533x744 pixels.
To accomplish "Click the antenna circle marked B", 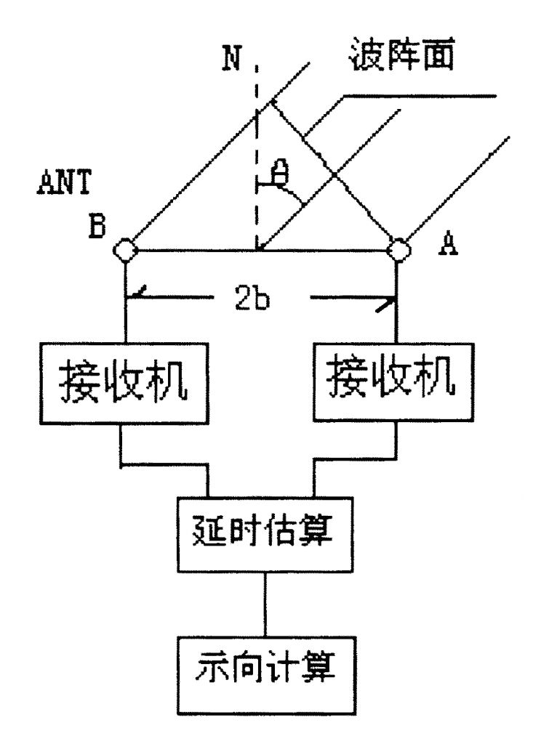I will (x=126, y=250).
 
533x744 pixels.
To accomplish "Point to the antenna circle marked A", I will (x=397, y=250).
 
